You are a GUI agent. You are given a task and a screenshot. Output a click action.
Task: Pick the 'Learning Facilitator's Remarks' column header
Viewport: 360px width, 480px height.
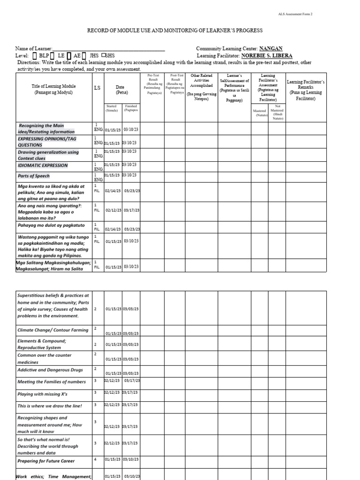pyautogui.click(x=306, y=90)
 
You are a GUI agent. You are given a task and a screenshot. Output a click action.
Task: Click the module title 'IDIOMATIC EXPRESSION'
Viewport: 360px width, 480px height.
pyautogui.click(x=43, y=165)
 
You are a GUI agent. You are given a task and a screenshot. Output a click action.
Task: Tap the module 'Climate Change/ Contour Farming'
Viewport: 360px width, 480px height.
pyautogui.click(x=52, y=330)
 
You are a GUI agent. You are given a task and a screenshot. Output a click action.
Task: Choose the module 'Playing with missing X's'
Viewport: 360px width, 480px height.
pyautogui.click(x=42, y=394)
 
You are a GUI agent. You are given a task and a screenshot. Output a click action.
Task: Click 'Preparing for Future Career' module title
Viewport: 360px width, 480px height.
pyautogui.click(x=46, y=461)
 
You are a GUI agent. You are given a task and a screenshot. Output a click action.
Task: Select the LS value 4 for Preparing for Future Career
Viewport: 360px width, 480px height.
pyautogui.click(x=95, y=459)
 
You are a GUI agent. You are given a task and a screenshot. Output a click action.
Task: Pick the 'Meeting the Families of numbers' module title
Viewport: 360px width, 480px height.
pyautogui.click(x=51, y=382)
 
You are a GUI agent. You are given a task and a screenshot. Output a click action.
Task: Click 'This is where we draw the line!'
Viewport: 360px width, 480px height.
pyautogui.click(x=50, y=405)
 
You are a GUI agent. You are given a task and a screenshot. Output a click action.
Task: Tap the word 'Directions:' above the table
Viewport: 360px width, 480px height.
pyautogui.click(x=29, y=62)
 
